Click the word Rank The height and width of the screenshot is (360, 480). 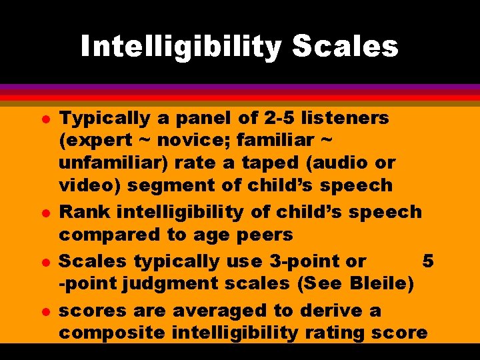[x=85, y=212]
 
